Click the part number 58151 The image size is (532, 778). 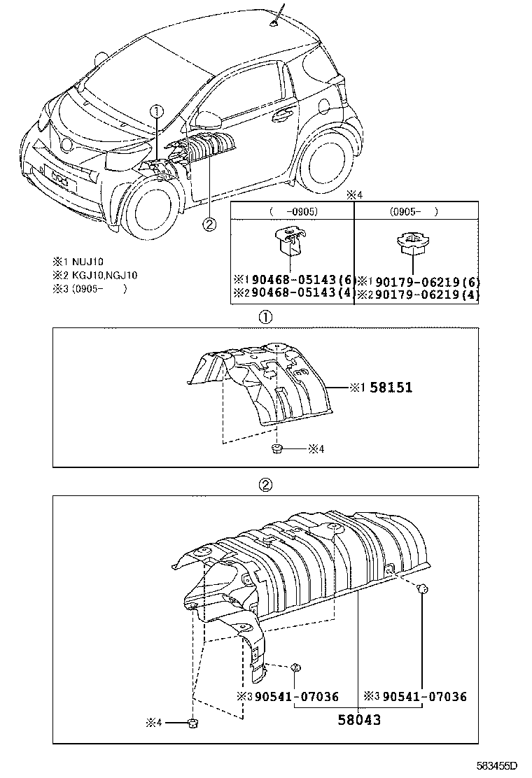[391, 387]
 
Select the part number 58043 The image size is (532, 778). [358, 719]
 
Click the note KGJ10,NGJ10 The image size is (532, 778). [105, 275]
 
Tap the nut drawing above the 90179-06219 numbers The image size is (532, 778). [412, 245]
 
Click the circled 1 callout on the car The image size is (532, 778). [157, 111]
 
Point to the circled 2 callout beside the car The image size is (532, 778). [209, 224]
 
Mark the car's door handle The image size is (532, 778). [284, 113]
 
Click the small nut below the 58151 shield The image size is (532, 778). [278, 448]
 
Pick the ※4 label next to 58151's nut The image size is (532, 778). [316, 448]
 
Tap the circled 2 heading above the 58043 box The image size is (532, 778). [266, 484]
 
